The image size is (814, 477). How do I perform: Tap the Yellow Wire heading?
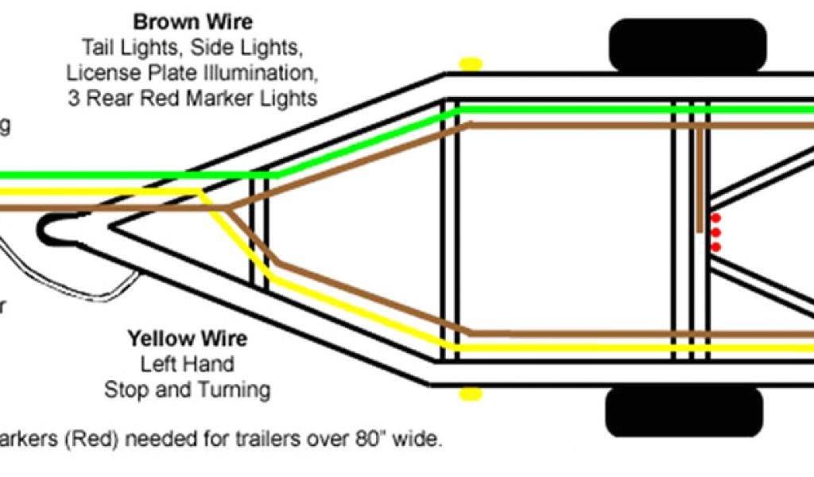point(188,339)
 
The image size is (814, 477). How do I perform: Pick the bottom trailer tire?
point(684,413)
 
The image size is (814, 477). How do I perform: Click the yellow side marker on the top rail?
point(471,63)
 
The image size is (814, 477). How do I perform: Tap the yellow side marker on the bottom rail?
point(471,393)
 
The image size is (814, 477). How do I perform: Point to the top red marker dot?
point(715,218)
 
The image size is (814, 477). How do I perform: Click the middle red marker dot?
point(715,233)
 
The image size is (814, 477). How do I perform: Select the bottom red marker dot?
point(715,247)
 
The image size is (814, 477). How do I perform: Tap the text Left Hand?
point(188,365)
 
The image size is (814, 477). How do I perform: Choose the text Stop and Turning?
point(188,390)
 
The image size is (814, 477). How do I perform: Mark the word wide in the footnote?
point(419,439)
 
